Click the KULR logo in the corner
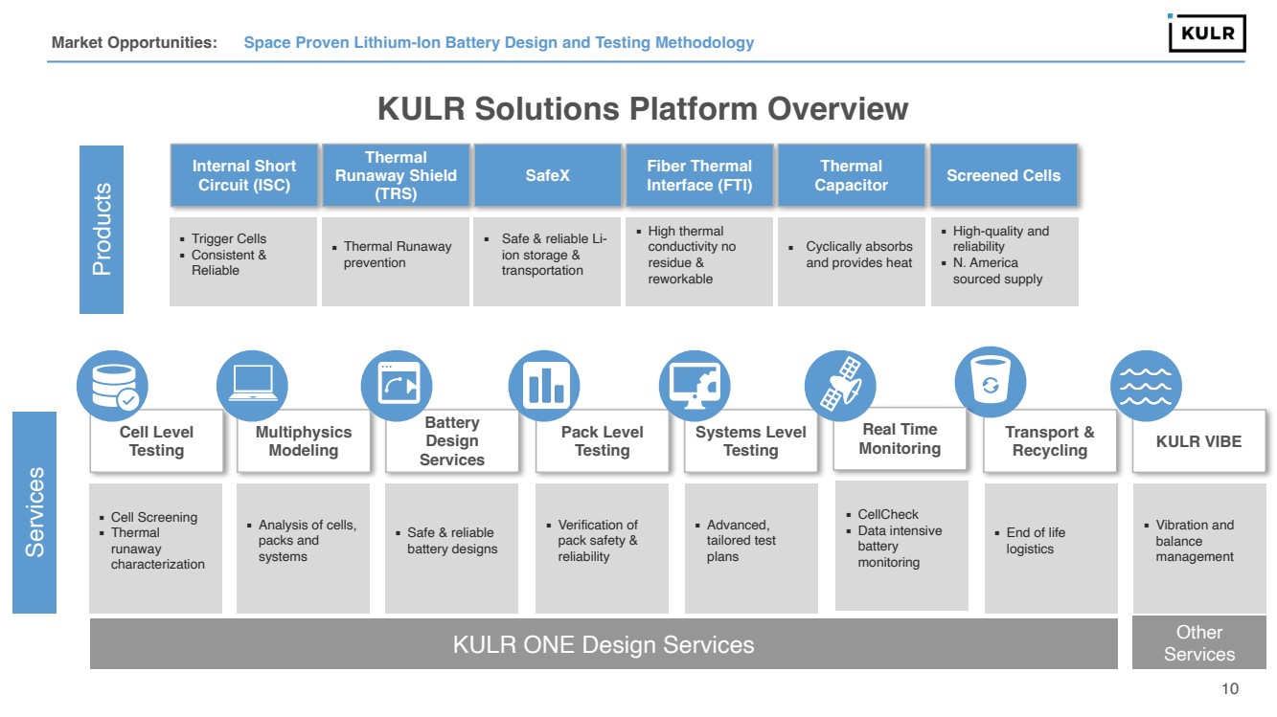[x=1207, y=34]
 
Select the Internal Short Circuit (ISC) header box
[x=243, y=175]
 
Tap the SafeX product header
[x=547, y=175]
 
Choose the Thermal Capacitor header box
[x=851, y=175]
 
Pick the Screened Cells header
[x=1003, y=175]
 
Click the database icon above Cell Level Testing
[x=112, y=386]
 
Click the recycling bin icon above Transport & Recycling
[x=990, y=382]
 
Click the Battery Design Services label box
[x=451, y=441]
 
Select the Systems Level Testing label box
[x=750, y=441]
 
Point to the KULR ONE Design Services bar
[x=604, y=644]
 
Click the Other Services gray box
[x=1198, y=643]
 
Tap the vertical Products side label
[x=102, y=230]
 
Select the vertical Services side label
[x=34, y=512]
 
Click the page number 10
[x=1230, y=689]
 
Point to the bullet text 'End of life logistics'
[x=1035, y=541]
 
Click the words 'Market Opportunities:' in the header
[x=134, y=43]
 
